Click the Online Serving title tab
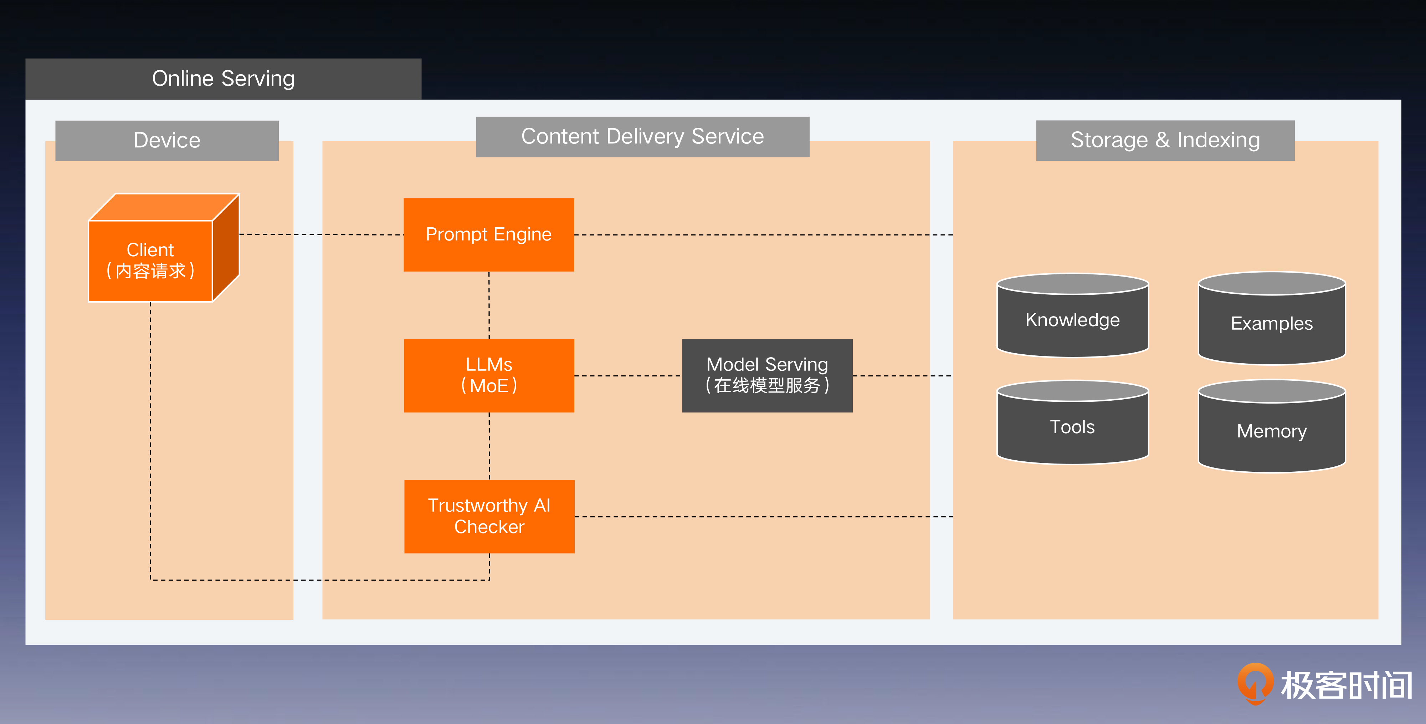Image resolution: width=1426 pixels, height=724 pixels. tap(223, 79)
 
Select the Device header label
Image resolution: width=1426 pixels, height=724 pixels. tap(166, 140)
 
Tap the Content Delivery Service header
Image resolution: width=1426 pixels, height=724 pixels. tap(642, 136)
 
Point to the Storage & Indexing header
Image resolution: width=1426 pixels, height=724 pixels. tap(1165, 140)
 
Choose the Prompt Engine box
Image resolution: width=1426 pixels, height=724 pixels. tap(488, 234)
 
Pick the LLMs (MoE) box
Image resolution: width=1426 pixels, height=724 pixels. tap(489, 375)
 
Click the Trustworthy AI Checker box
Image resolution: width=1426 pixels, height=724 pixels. tap(489, 516)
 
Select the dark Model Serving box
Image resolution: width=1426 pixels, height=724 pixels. tap(767, 375)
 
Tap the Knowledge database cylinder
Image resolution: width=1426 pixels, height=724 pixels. tap(1072, 320)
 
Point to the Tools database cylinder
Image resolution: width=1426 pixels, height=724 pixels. tap(1072, 426)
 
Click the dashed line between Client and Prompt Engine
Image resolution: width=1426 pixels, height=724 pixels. tap(321, 234)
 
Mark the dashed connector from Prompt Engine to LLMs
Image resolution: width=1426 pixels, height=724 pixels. tap(489, 305)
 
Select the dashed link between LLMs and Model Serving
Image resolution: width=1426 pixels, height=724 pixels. tap(628, 376)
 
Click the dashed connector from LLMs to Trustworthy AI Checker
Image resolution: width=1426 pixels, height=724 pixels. tap(489, 446)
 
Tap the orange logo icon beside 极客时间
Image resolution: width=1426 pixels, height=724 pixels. tap(1255, 683)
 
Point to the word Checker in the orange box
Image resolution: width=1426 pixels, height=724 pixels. tap(489, 527)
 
